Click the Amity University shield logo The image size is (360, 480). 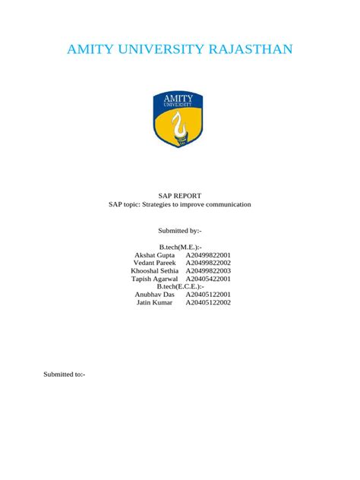(x=180, y=119)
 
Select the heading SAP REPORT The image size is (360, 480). (x=180, y=195)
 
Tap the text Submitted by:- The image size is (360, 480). (x=180, y=229)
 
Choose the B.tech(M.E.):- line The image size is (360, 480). (x=180, y=248)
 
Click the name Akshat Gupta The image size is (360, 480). (x=154, y=257)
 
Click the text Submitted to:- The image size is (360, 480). (x=64, y=374)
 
